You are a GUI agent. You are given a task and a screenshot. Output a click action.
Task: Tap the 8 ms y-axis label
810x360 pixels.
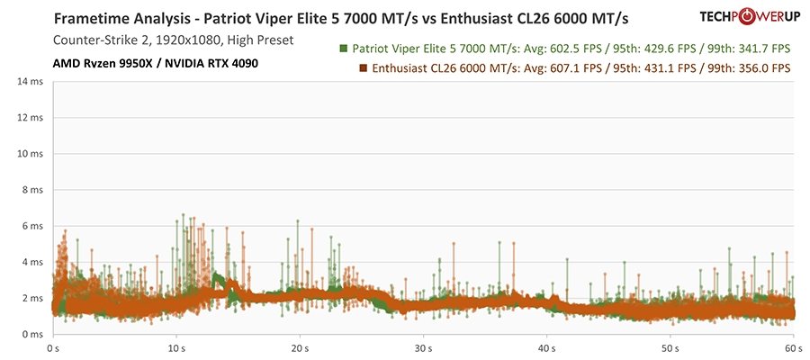click(x=33, y=190)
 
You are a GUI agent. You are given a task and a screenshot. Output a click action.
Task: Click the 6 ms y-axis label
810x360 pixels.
click(x=33, y=226)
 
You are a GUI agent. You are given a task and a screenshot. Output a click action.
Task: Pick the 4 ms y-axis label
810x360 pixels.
click(x=33, y=262)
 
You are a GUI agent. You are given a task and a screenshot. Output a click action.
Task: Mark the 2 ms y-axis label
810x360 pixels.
click(x=33, y=298)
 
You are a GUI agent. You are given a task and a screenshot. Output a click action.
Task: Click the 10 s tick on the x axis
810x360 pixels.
click(x=176, y=346)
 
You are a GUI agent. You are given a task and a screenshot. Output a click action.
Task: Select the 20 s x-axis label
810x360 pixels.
click(x=300, y=346)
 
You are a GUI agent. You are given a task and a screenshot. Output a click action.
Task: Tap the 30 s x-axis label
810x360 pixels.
click(x=423, y=346)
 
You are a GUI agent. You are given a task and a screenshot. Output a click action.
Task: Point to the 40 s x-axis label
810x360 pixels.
click(x=546, y=346)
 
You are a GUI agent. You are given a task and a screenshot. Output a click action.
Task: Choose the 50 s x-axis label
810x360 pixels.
click(x=670, y=346)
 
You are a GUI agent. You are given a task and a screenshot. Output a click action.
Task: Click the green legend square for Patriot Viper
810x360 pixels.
click(x=344, y=49)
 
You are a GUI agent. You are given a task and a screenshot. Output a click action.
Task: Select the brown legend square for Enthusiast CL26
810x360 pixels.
click(x=363, y=68)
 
